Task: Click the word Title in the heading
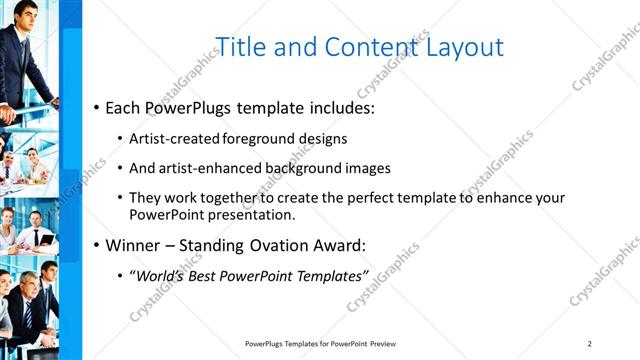[241, 47]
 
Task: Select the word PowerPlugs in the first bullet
[190, 106]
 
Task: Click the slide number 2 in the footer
[590, 343]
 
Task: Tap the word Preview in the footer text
[390, 343]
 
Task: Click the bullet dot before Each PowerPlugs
[96, 107]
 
